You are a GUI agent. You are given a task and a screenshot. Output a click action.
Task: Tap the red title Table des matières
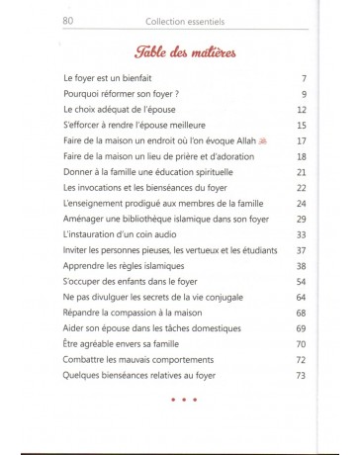180,52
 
